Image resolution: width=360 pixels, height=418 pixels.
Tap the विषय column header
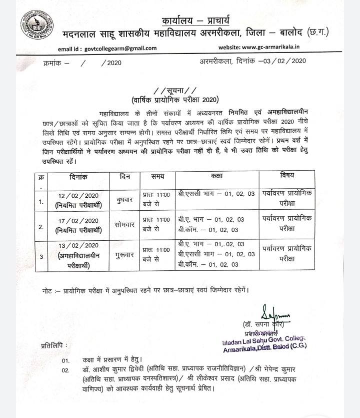point(287,176)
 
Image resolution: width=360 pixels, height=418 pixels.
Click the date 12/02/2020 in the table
point(79,195)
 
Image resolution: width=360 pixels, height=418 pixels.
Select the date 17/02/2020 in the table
point(79,221)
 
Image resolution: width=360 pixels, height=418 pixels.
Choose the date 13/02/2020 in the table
point(79,245)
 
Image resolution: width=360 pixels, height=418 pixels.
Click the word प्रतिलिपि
point(54,345)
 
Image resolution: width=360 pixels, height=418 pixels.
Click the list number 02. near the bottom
point(65,370)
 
